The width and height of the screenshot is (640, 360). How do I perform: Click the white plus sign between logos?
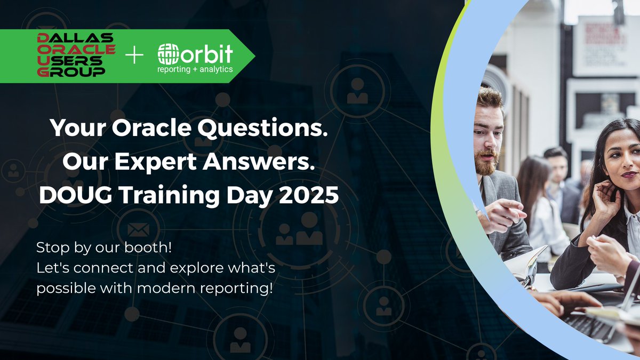(x=134, y=55)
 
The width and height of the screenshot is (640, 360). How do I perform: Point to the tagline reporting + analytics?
(x=195, y=69)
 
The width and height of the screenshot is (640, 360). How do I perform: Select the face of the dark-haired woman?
(x=620, y=160)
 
